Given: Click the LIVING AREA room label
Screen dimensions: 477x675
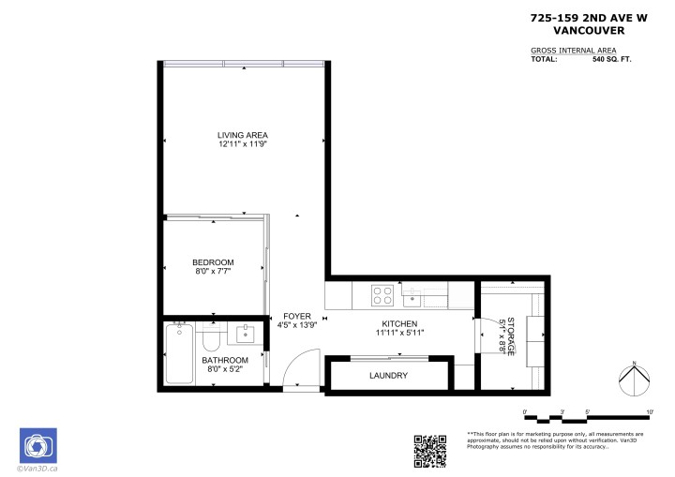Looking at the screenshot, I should click(243, 135).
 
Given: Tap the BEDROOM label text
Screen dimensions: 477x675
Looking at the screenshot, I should click(213, 261).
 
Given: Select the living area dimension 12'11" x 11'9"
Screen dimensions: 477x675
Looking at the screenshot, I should click(243, 144).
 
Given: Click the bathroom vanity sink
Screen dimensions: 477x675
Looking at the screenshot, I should click(247, 334).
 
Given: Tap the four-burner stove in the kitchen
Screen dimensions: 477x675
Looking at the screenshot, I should click(382, 295).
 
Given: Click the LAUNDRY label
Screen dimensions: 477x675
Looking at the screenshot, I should click(388, 376).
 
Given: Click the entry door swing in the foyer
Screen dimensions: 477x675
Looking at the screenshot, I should click(298, 372).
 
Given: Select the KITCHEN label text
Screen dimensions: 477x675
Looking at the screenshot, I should click(398, 322).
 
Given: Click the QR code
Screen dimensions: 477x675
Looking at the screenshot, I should click(429, 450).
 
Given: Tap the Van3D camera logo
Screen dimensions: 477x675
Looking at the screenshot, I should click(38, 445).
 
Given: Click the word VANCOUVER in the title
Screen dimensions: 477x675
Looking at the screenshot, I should click(577, 29).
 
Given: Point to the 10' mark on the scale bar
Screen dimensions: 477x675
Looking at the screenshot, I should click(649, 411).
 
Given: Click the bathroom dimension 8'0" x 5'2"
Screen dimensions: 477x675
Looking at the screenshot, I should click(226, 369).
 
